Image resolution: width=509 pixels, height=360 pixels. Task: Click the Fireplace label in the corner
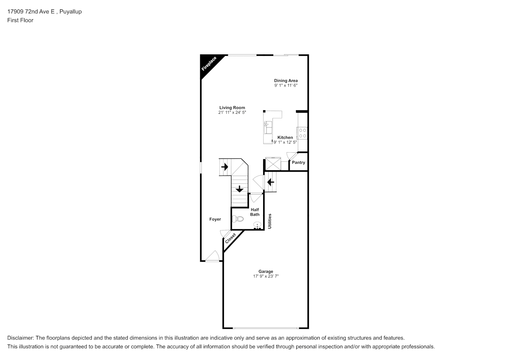pyautogui.click(x=209, y=64)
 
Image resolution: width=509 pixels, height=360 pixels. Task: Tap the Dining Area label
pyautogui.click(x=285, y=80)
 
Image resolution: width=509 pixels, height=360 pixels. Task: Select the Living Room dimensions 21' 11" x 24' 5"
pyautogui.click(x=232, y=112)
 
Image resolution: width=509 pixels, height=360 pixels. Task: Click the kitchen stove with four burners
pyautogui.click(x=302, y=133)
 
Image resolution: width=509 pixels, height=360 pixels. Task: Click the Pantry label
pyautogui.click(x=298, y=162)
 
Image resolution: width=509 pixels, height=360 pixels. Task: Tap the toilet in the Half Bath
pyautogui.click(x=238, y=219)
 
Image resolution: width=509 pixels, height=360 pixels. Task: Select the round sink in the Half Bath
pyautogui.click(x=257, y=225)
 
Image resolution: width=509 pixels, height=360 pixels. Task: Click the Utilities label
pyautogui.click(x=270, y=221)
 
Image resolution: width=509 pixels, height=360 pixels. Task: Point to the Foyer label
pyautogui.click(x=215, y=219)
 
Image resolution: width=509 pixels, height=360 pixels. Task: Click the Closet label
pyautogui.click(x=230, y=238)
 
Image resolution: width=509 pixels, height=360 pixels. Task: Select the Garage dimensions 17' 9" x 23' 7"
pyautogui.click(x=266, y=276)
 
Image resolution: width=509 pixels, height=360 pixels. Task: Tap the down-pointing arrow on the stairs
pyautogui.click(x=239, y=189)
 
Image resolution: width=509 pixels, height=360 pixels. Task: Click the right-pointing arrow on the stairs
pyautogui.click(x=225, y=167)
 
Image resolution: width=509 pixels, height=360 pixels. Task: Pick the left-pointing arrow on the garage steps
pyautogui.click(x=271, y=182)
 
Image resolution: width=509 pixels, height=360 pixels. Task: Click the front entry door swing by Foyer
pyautogui.click(x=213, y=256)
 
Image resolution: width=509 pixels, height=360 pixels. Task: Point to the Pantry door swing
pyautogui.click(x=292, y=156)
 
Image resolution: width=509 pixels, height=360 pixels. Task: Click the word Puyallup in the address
pyautogui.click(x=71, y=12)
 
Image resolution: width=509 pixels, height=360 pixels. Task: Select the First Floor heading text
pyautogui.click(x=20, y=20)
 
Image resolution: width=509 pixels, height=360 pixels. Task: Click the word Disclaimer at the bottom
pyautogui.click(x=21, y=338)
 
